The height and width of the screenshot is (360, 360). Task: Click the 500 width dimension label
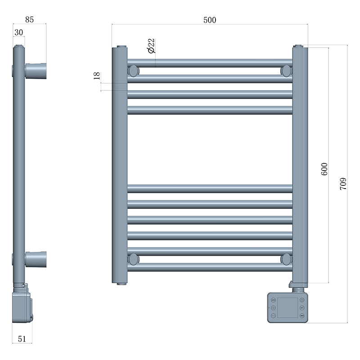tap(210, 20)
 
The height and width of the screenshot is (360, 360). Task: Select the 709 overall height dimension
tap(342, 184)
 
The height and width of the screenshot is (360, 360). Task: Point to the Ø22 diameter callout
tap(151, 46)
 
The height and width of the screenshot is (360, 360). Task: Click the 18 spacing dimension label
tap(96, 76)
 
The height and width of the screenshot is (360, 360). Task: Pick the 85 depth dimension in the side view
tap(29, 20)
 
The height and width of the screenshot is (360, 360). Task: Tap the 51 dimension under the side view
tap(22, 339)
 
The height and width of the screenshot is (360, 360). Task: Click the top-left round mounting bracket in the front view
tap(134, 71)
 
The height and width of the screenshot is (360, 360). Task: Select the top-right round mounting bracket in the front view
tap(286, 71)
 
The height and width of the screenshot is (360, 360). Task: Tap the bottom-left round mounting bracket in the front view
tap(134, 259)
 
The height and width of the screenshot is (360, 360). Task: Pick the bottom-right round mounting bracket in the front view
tap(286, 259)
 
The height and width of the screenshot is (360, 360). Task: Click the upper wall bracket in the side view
tap(36, 71)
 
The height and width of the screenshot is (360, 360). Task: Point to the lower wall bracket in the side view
tap(36, 259)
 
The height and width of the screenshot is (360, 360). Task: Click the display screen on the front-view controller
tap(287, 307)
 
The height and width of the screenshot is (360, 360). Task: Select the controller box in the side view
tap(22, 306)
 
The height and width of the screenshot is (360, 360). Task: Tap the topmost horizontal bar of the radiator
tap(210, 63)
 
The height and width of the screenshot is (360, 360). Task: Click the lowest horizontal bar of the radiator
tap(210, 267)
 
